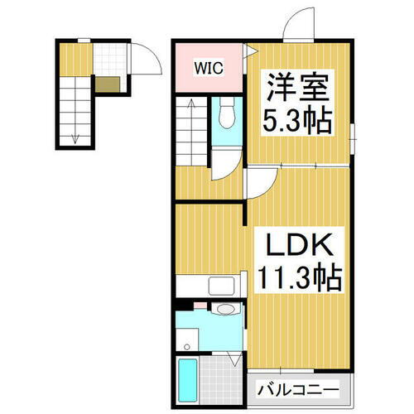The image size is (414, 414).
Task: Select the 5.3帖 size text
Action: tap(299, 122)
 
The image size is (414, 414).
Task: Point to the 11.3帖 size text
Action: tap(299, 279)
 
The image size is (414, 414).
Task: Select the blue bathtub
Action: tap(188, 377)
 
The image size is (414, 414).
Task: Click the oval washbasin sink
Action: tap(224, 310)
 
